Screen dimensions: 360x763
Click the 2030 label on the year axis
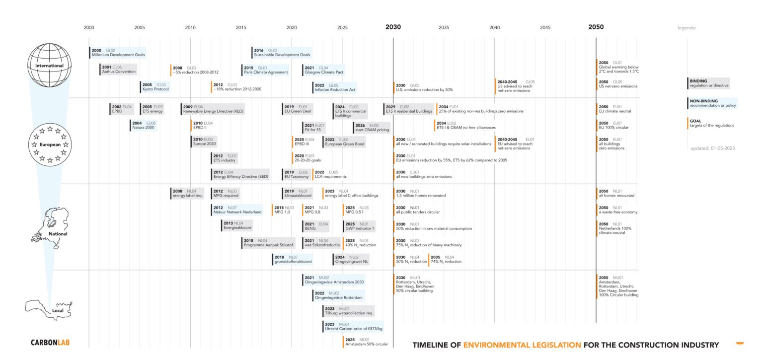393,27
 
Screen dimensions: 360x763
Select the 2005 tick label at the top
140,28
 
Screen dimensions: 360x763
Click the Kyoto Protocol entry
155,87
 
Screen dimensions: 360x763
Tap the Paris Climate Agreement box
266,70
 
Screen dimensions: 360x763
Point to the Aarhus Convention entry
112,70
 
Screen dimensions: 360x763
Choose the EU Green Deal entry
297,109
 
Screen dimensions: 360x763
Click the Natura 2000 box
144,125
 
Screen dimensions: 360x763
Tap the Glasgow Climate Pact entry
324,70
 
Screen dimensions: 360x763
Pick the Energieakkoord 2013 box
237,225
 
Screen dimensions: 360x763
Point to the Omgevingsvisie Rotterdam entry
338,295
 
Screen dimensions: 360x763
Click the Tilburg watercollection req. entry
348,311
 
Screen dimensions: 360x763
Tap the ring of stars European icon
50,144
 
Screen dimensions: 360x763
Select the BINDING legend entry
708,83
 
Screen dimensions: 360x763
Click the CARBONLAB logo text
50,343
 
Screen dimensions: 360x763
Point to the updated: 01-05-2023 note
712,148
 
